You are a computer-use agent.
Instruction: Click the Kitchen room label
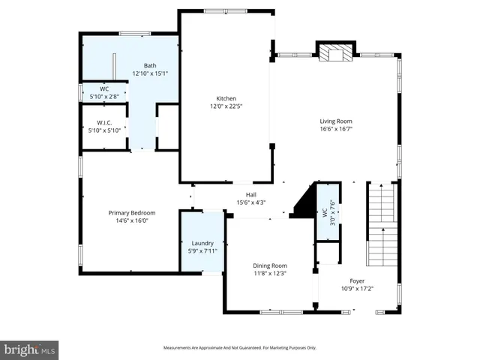[x=226, y=99]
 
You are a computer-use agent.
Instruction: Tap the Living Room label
[x=335, y=121]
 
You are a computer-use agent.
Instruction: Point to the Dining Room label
[x=268, y=265]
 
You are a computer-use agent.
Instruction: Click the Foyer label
[x=357, y=280]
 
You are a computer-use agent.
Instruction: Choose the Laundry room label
[x=202, y=243]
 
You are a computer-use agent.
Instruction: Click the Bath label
[x=150, y=65]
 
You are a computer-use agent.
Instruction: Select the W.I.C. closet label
[x=104, y=122]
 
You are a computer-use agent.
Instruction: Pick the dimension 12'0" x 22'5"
[x=226, y=106]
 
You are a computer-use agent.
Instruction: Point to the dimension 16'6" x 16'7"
[x=335, y=129]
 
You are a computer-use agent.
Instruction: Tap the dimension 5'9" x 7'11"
[x=202, y=250]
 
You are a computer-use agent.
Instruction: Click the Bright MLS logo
[x=30, y=349]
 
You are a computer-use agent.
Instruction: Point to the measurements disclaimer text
[x=240, y=348]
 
